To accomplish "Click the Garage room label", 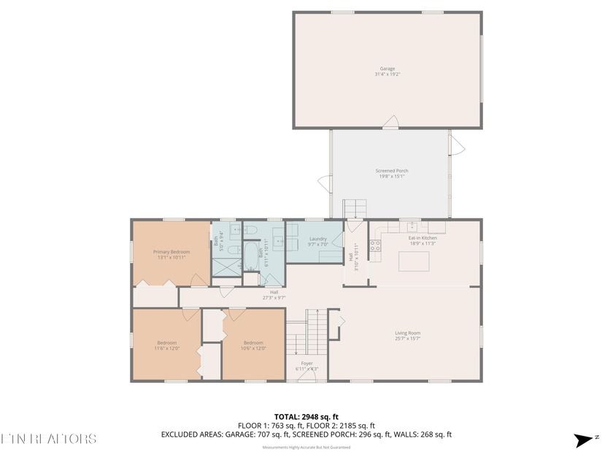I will [x=387, y=69].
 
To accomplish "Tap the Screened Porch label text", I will [x=392, y=171].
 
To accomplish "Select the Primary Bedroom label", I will [x=171, y=252].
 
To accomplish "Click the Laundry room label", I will [x=317, y=239].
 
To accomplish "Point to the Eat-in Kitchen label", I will [x=423, y=238].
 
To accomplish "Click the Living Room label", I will [x=407, y=333].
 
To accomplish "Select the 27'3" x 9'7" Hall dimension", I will [x=274, y=298].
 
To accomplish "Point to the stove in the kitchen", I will [x=376, y=246].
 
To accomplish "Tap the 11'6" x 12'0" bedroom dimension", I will [x=166, y=348].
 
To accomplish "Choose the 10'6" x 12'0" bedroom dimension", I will [x=253, y=348].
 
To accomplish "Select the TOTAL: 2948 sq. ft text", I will [x=306, y=415].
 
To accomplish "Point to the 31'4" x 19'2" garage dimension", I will [x=387, y=74].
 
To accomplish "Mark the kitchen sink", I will [x=412, y=226].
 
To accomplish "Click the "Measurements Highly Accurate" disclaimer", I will [x=306, y=446].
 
